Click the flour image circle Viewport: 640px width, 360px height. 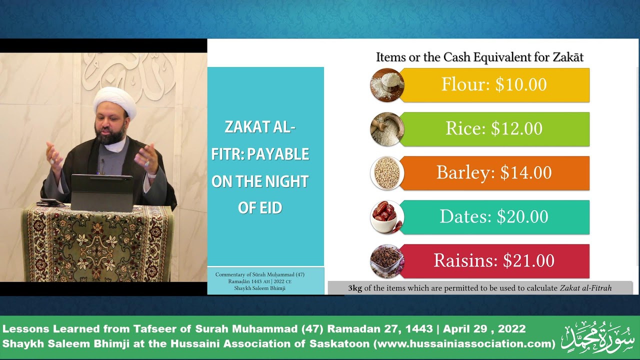point(387,85)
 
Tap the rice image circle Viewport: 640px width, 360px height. point(387,129)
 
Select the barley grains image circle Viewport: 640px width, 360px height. point(387,173)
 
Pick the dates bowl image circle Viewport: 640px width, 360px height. point(387,217)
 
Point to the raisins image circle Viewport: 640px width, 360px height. point(387,261)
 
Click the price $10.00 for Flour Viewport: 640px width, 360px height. point(521,84)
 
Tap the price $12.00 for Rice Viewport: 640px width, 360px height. point(516,128)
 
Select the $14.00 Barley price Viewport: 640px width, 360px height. point(525,172)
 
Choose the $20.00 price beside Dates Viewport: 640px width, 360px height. point(522,216)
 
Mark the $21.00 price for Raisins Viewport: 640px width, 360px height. point(528,260)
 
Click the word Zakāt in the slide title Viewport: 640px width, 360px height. point(567,57)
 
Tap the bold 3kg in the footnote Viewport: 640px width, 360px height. point(355,288)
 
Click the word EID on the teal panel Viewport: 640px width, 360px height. point(271,208)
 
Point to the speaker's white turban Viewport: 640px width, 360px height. point(115,100)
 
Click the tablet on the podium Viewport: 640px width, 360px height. point(101,192)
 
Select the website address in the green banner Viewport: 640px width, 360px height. point(464,343)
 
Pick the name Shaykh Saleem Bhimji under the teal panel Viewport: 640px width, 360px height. point(259,288)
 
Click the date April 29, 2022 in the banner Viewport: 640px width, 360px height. point(484,329)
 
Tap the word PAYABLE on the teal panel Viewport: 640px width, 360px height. point(278,154)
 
